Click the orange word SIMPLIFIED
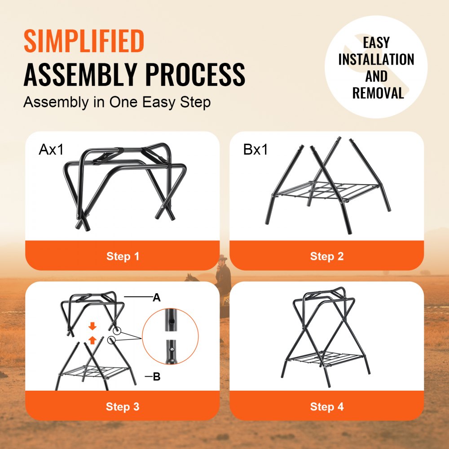point(84,41)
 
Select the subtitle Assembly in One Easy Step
point(117,102)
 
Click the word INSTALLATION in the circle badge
point(376,60)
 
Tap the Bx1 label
point(255,150)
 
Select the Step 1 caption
point(123,256)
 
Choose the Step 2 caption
point(326,256)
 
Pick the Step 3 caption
point(123,407)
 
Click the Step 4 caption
point(326,407)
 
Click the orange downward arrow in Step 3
point(92,326)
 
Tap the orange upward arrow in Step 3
point(92,340)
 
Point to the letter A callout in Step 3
point(157,297)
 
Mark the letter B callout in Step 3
point(157,377)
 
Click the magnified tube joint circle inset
point(170,337)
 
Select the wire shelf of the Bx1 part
point(326,191)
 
